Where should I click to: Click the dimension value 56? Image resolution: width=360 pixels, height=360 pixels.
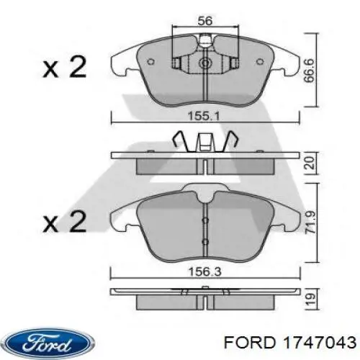click(205, 21)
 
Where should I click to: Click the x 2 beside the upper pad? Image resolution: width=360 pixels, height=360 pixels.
click(65, 69)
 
